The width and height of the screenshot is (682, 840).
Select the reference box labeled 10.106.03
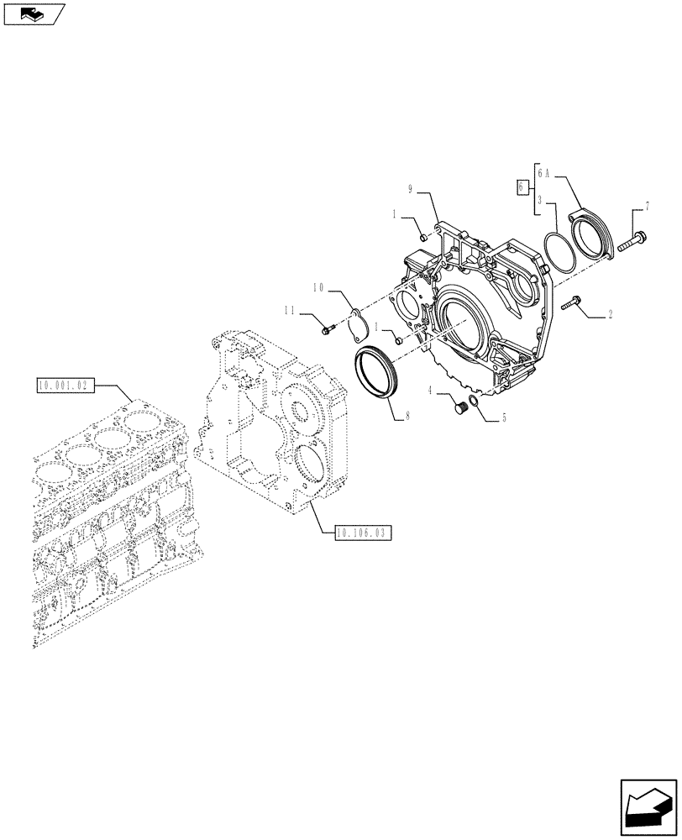tap(363, 533)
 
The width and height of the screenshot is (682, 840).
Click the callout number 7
tap(647, 206)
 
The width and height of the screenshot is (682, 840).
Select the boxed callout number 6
tap(522, 186)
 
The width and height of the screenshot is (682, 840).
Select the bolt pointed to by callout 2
tap(575, 303)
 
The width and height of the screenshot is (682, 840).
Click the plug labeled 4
tap(459, 407)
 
